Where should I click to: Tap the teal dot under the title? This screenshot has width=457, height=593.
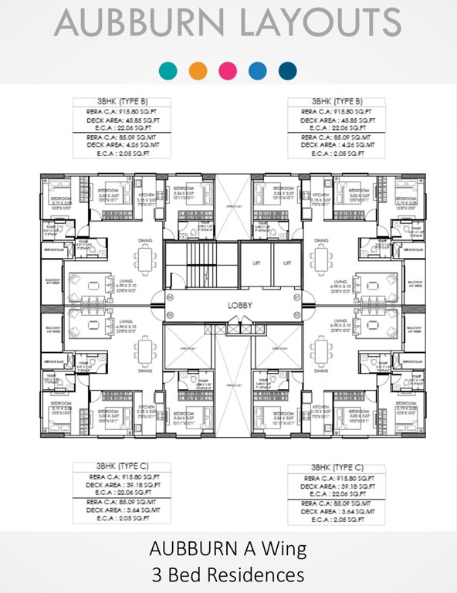(x=167, y=71)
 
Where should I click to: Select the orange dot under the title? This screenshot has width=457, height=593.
(x=198, y=71)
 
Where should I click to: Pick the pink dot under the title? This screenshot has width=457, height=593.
(x=228, y=71)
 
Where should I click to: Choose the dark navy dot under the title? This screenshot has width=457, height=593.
(x=288, y=71)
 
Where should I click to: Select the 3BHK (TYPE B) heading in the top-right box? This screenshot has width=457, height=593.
(x=337, y=101)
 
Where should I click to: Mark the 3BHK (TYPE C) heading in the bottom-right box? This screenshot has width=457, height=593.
(x=337, y=468)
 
